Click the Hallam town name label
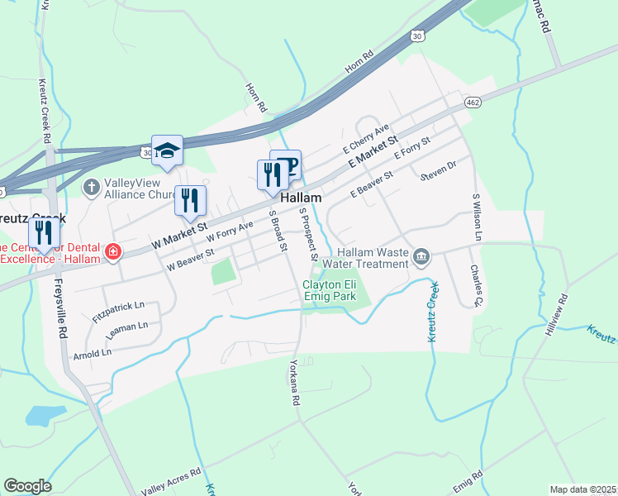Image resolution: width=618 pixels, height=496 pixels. pyautogui.click(x=301, y=199)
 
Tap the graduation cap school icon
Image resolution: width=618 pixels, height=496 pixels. pyautogui.click(x=167, y=150)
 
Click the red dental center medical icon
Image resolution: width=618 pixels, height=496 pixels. pyautogui.click(x=113, y=250)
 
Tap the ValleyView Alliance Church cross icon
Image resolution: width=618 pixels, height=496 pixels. pyautogui.click(x=92, y=187)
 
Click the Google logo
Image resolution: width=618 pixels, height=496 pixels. pyautogui.click(x=27, y=486)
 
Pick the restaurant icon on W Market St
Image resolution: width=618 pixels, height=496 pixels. pyautogui.click(x=190, y=201)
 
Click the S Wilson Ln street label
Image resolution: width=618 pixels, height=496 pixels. pyautogui.click(x=477, y=217)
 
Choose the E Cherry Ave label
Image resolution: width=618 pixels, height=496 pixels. pyautogui.click(x=366, y=139)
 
